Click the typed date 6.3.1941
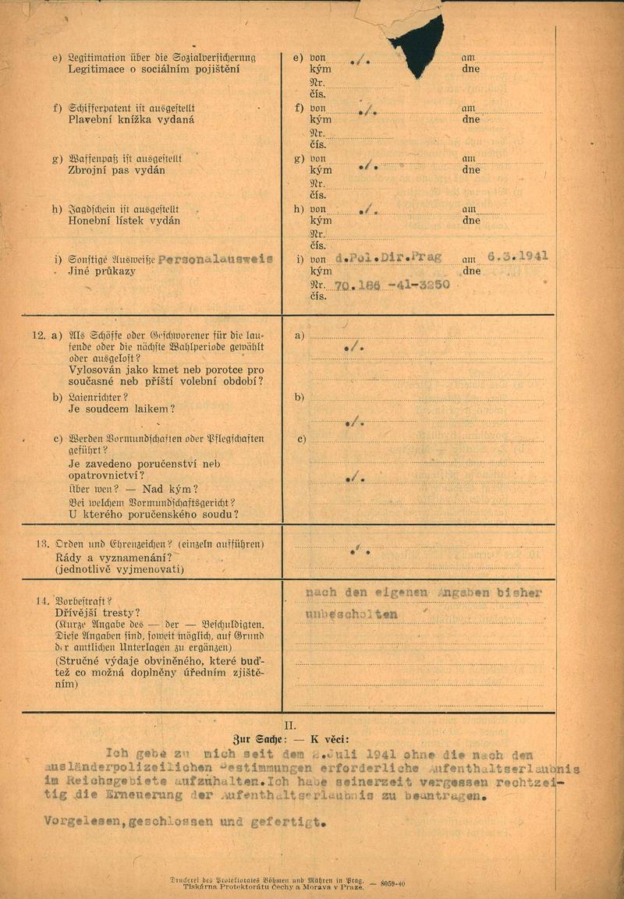click(x=518, y=256)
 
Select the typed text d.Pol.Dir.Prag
click(x=388, y=257)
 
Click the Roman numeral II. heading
click(x=289, y=724)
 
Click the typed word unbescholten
click(x=352, y=614)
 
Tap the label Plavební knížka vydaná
click(x=131, y=120)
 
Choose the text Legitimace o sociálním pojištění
click(x=154, y=69)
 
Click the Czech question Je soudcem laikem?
click(x=122, y=409)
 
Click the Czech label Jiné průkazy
click(x=101, y=271)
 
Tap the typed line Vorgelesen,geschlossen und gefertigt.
click(x=184, y=822)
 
